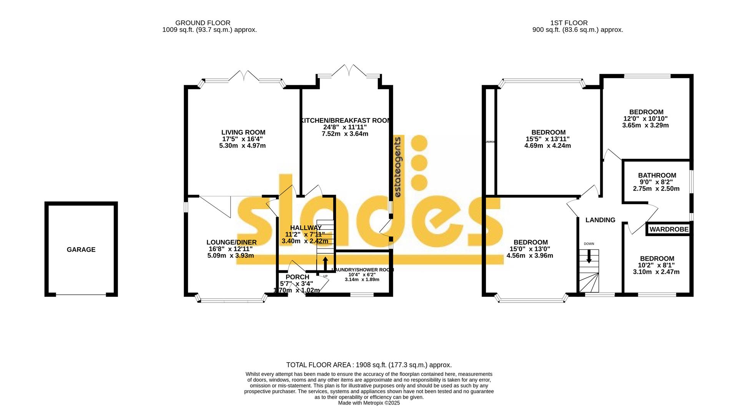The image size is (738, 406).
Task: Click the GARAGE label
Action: [x=81, y=250]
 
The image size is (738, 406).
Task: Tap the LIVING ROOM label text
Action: [x=243, y=133]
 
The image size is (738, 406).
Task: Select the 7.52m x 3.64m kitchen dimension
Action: [x=345, y=134]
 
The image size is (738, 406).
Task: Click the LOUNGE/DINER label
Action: [x=231, y=242]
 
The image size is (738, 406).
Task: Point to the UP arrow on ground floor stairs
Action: [x=325, y=264]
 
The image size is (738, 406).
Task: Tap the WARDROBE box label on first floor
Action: [x=669, y=230]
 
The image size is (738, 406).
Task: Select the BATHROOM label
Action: [x=657, y=175]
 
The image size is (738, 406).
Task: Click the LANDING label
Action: [x=600, y=220]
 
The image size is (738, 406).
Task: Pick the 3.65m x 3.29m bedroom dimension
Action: [x=645, y=125]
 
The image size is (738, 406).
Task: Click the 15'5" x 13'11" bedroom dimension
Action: [x=547, y=139]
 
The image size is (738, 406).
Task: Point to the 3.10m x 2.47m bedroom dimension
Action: [x=656, y=272]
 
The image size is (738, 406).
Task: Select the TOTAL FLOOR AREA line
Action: [x=369, y=365]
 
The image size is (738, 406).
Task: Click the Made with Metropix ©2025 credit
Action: [x=369, y=403]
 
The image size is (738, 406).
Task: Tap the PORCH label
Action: [x=297, y=277]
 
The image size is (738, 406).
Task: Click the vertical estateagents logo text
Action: [x=398, y=167]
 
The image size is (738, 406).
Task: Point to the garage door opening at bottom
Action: [x=81, y=295]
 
